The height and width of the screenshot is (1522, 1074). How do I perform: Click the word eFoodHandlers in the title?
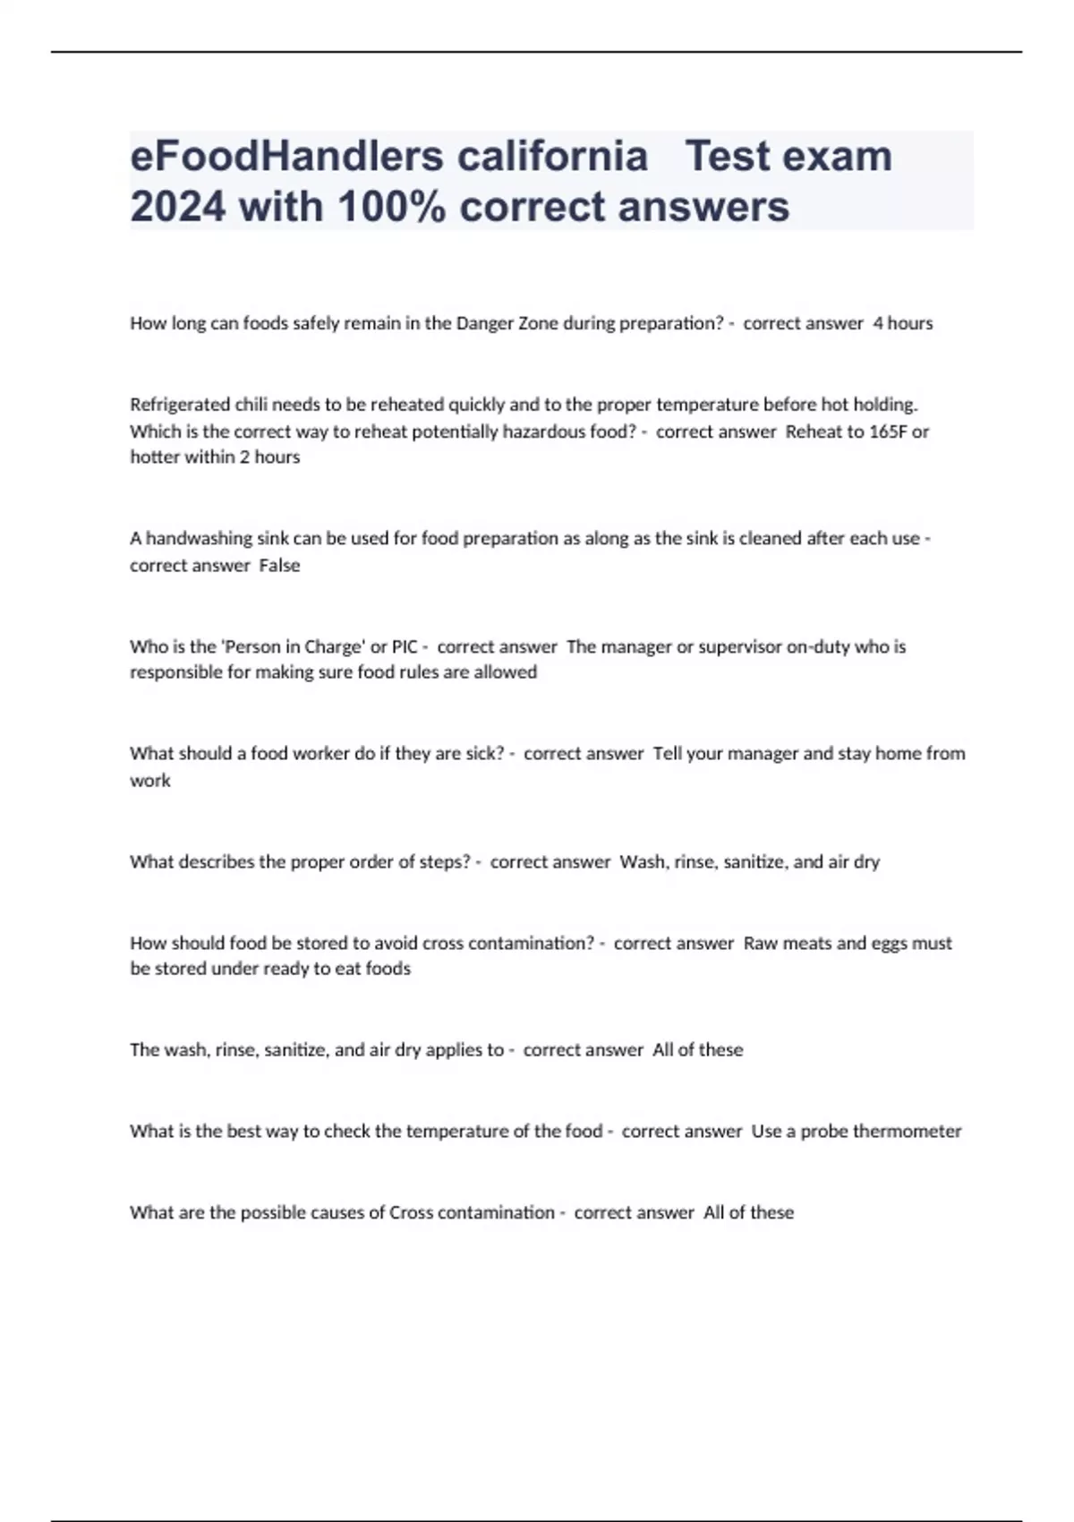(x=286, y=157)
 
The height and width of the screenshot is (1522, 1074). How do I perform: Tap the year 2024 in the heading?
(x=177, y=207)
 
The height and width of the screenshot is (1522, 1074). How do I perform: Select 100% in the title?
(x=392, y=207)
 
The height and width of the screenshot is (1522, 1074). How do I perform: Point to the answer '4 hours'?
(x=902, y=323)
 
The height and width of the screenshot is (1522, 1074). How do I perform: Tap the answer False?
(x=279, y=566)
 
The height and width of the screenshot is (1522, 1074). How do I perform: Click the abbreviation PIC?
(x=405, y=646)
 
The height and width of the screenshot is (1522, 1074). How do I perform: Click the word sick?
(x=483, y=754)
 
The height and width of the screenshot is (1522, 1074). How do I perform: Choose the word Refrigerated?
(x=179, y=404)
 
